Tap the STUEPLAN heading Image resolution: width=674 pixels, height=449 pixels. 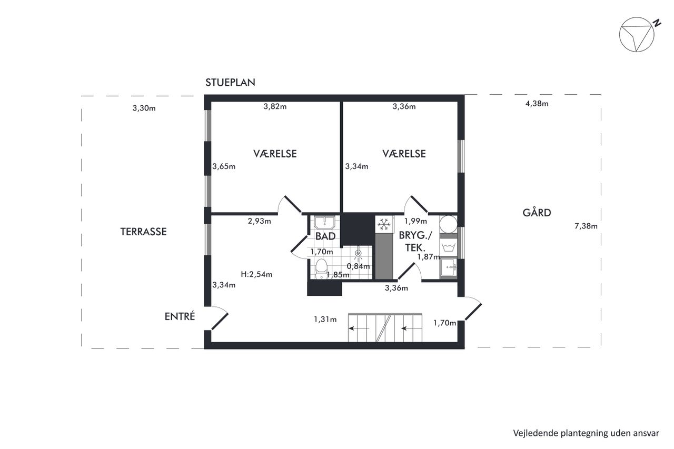[x=230, y=83]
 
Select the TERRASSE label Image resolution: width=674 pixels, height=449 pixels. [x=144, y=232]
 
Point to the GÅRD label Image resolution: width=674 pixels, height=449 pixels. [x=537, y=212]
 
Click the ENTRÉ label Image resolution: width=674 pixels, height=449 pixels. [x=180, y=316]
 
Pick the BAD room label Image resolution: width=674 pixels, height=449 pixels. [x=325, y=236]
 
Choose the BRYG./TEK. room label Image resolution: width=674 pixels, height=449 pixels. [x=415, y=241]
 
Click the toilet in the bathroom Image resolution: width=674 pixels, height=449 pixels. [x=321, y=268]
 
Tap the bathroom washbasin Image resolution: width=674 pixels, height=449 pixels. [x=325, y=223]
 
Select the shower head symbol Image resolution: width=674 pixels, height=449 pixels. [x=358, y=254]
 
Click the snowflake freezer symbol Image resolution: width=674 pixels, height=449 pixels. [x=384, y=224]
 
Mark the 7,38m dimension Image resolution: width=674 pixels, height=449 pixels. [x=586, y=226]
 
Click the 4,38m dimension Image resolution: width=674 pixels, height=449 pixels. [x=537, y=104]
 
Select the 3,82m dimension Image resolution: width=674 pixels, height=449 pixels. [x=275, y=106]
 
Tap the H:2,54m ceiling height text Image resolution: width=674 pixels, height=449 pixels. [x=256, y=274]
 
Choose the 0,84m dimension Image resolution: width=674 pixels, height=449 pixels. [x=358, y=266]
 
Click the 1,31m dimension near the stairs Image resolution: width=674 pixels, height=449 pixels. [x=325, y=320]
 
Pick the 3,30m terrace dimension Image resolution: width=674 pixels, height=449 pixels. [x=144, y=108]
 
